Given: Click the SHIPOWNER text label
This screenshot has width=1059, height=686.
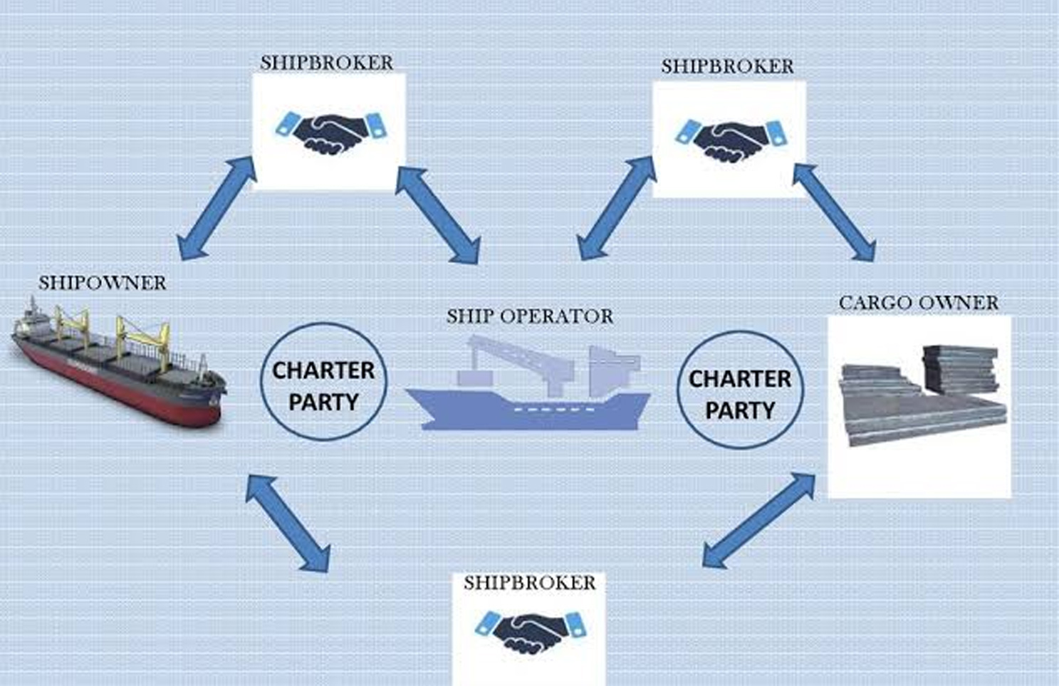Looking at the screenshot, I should click(102, 283).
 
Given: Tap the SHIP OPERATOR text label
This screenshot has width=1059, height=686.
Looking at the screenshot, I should click(529, 316).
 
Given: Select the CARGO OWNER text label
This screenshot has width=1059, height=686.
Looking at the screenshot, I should click(918, 303).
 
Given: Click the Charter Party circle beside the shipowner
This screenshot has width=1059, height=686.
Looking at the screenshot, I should click(323, 383).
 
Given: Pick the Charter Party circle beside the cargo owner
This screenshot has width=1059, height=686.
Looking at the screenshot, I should click(740, 390).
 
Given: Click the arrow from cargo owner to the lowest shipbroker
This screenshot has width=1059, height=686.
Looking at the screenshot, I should click(759, 519).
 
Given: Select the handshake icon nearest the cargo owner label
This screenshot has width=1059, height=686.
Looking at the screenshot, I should click(731, 139).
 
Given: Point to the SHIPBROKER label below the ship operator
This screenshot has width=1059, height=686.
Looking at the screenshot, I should click(529, 583).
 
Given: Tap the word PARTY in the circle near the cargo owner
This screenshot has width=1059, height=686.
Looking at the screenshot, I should click(740, 410).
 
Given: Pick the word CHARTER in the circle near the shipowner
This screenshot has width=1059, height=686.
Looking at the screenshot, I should click(323, 370).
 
